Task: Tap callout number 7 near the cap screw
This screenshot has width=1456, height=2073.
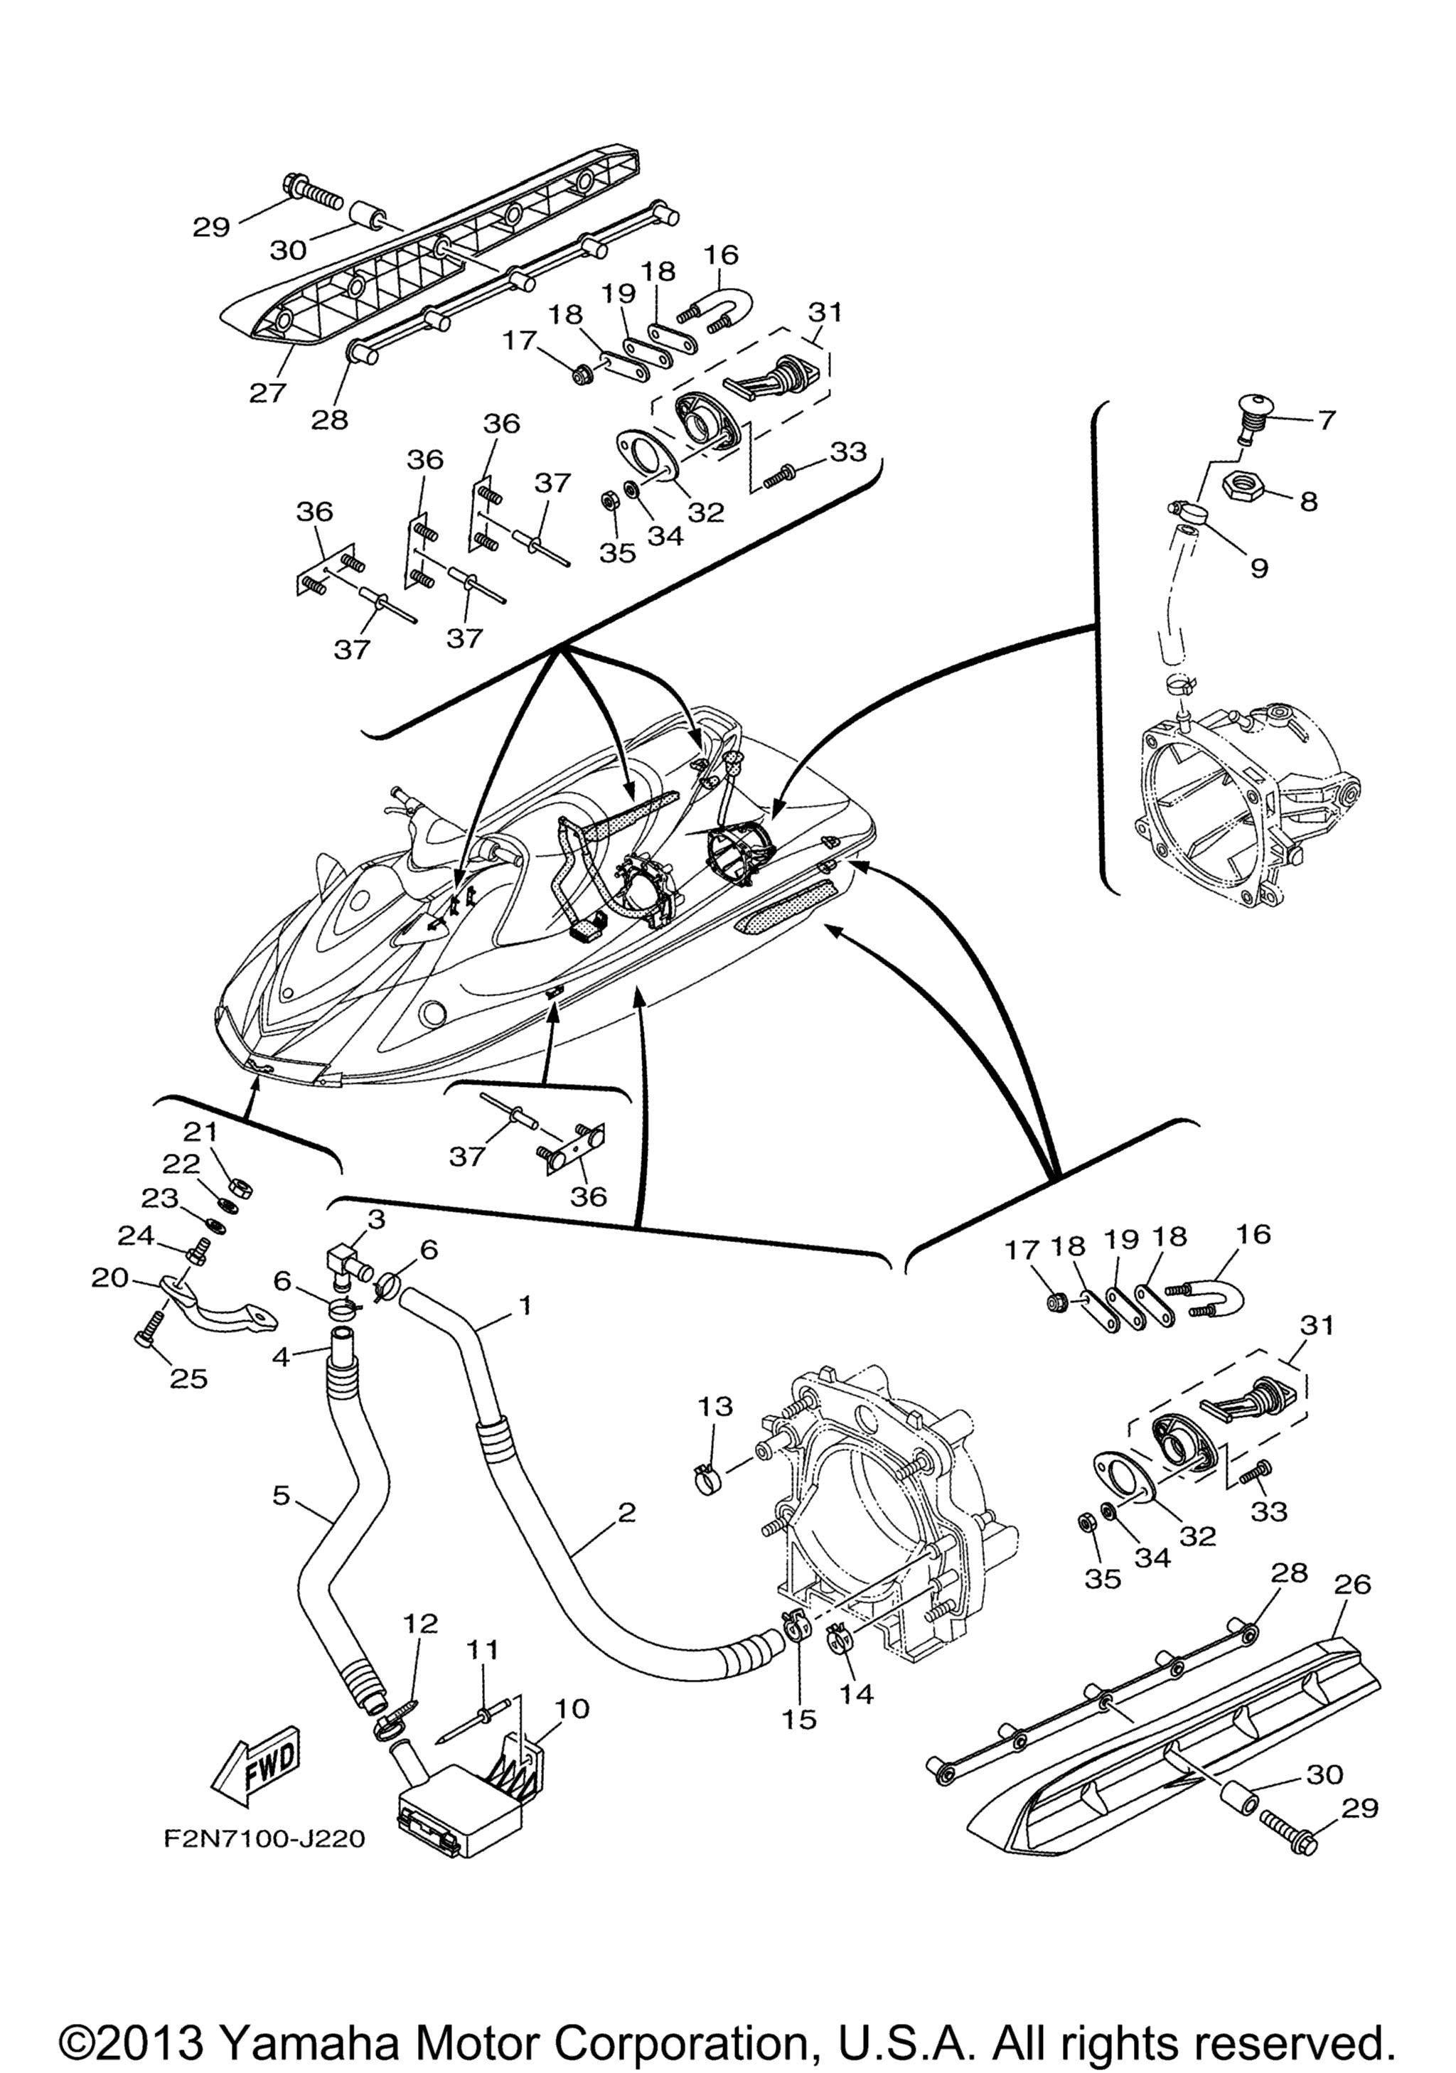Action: click(x=1326, y=420)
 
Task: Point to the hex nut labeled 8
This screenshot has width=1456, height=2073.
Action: click(x=1246, y=488)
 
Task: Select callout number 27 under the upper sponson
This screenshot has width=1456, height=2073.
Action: click(x=268, y=392)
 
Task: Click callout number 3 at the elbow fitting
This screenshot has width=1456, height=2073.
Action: click(x=375, y=1219)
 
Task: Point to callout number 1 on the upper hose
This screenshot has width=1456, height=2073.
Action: click(x=525, y=1305)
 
